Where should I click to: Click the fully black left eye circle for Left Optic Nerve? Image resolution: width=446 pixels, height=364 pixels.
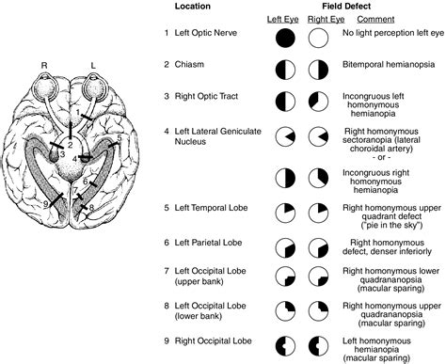click(x=285, y=38)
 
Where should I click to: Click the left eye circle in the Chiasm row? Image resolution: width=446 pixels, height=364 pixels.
click(x=285, y=71)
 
